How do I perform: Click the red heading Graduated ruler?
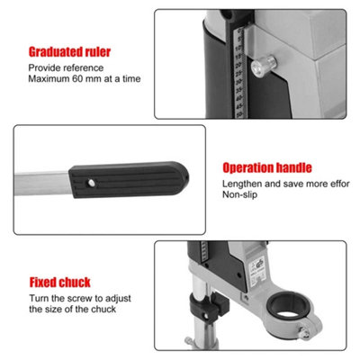[x=69, y=52]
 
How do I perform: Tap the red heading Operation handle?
[x=267, y=167]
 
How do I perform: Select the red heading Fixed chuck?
[x=59, y=283]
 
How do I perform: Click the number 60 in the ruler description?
[x=77, y=79]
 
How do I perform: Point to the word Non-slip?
[x=239, y=194]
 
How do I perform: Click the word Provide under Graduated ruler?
[x=45, y=67]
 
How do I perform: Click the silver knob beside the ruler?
[x=263, y=66]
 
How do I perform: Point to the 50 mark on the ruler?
[x=239, y=114]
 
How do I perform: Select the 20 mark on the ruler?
[x=239, y=65]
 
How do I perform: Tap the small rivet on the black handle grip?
[x=92, y=183]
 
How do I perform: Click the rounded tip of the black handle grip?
[x=183, y=178]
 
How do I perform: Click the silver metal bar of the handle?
[x=42, y=184]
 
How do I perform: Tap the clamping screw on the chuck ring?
[x=304, y=333]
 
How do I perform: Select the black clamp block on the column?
[x=208, y=307]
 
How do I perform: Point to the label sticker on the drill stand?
[x=258, y=271]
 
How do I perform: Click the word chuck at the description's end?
[x=103, y=310]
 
